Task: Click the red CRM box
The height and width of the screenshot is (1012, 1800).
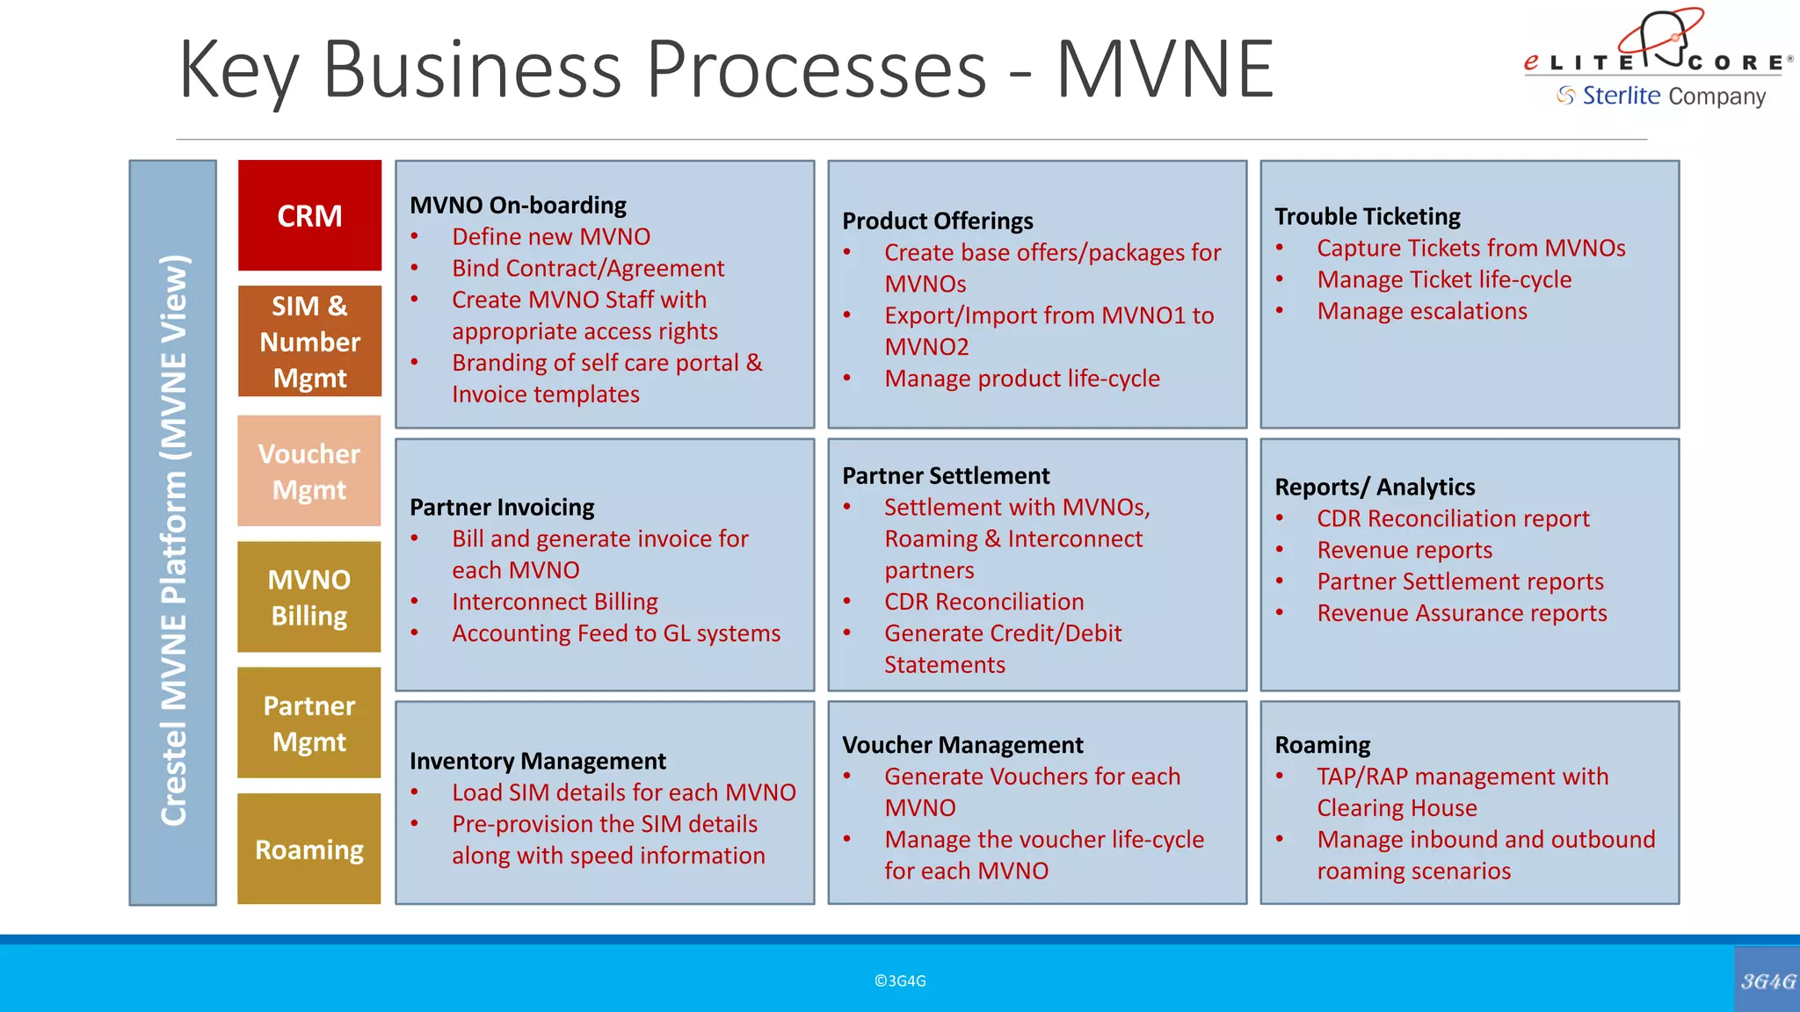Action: tap(309, 215)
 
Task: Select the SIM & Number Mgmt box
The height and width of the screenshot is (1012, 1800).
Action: tap(309, 341)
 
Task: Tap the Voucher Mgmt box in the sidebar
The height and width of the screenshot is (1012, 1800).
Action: tap(309, 471)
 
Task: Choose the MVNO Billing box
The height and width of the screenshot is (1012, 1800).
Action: tap(309, 597)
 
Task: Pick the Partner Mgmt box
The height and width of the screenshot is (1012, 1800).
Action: tap(309, 723)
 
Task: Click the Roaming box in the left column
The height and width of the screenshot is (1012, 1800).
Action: tap(309, 849)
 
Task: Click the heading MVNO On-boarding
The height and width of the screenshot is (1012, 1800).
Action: tap(518, 205)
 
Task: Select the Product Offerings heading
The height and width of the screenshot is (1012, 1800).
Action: tap(937, 220)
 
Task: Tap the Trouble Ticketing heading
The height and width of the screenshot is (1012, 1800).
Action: tap(1367, 216)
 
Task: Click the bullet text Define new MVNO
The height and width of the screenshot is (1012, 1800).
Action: tap(551, 236)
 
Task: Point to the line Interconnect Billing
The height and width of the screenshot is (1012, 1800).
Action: tap(555, 602)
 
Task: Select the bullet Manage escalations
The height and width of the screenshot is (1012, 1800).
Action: tap(1421, 311)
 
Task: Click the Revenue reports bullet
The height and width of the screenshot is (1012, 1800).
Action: tap(1404, 550)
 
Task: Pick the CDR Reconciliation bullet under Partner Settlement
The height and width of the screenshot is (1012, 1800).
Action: tap(983, 602)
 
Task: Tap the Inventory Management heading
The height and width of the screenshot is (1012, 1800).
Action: tap(537, 761)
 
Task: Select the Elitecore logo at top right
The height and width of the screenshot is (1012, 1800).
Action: tap(1658, 58)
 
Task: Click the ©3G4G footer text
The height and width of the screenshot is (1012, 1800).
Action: tap(900, 980)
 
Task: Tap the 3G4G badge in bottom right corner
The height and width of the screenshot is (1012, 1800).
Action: tap(1767, 980)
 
